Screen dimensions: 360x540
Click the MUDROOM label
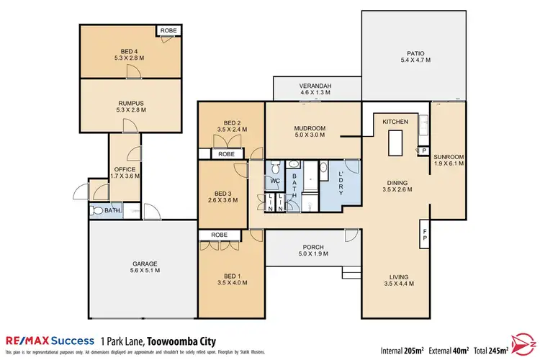[x=310, y=129]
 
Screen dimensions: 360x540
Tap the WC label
[x=276, y=181]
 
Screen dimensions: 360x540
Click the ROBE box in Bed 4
[x=168, y=30]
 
